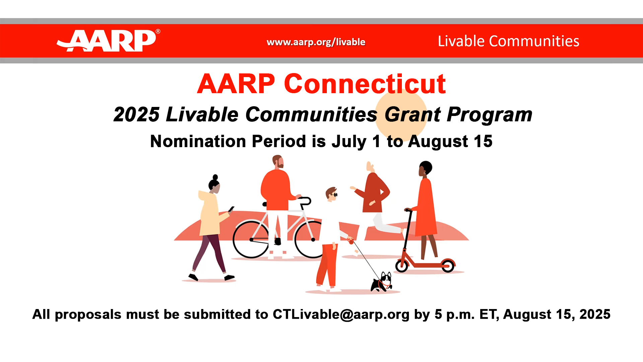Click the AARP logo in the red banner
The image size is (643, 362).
(x=108, y=41)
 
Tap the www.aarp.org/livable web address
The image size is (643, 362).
(x=316, y=42)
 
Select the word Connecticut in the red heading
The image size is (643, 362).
(x=365, y=83)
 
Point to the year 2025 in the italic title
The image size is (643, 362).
(x=137, y=115)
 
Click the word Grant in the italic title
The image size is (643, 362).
(x=413, y=115)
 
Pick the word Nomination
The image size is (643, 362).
(x=198, y=141)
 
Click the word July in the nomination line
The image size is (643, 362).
(x=349, y=142)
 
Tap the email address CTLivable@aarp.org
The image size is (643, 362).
(x=341, y=314)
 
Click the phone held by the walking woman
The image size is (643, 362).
(x=231, y=209)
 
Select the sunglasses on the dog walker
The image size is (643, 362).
(x=334, y=195)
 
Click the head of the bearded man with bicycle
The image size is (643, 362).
(x=278, y=162)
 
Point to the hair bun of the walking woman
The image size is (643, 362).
(x=215, y=177)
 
